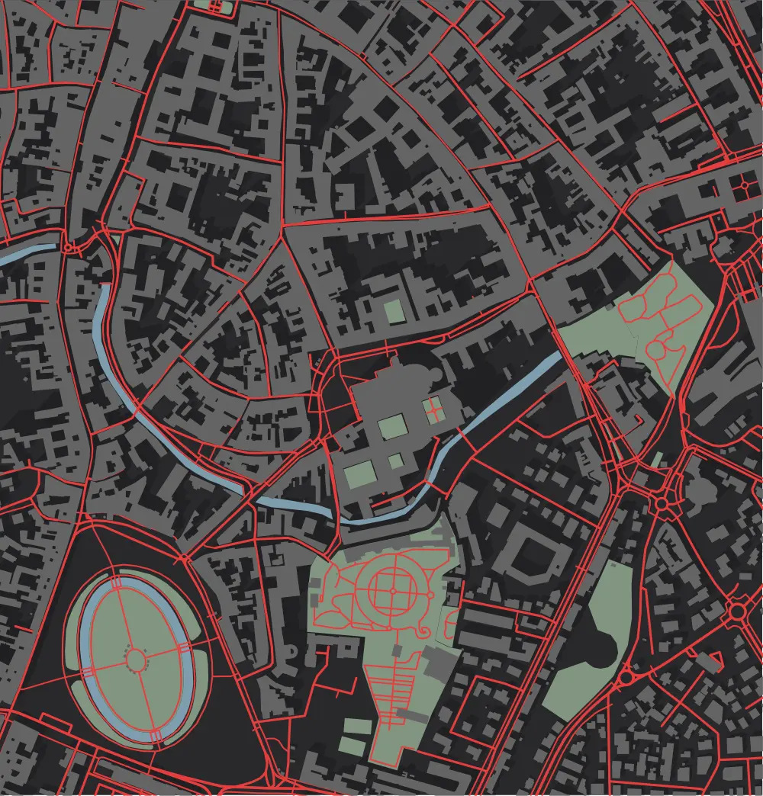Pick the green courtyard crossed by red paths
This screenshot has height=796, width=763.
click(433, 409)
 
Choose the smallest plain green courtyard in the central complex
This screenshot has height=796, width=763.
click(395, 461)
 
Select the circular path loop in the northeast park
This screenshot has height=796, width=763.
click(655, 350)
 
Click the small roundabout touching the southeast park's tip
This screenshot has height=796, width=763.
click(627, 677)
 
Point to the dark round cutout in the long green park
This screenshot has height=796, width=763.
click(605, 648)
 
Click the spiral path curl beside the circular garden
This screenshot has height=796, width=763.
click(419, 630)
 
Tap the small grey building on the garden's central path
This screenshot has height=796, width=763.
click(397, 650)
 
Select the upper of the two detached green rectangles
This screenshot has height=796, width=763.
click(353, 727)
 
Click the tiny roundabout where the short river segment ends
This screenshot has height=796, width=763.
click(69, 247)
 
